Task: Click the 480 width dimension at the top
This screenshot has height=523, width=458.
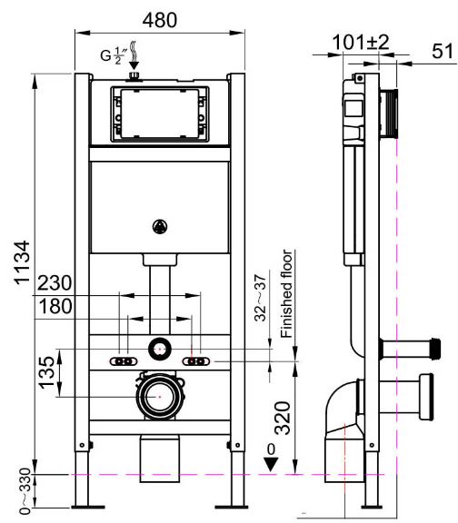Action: (160, 20)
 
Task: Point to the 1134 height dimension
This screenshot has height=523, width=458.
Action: (22, 262)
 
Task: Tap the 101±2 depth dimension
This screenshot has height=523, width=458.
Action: (361, 43)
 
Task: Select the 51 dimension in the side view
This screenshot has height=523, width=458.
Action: (443, 52)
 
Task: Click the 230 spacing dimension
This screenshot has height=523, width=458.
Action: (55, 283)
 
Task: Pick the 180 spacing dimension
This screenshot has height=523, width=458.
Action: (55, 306)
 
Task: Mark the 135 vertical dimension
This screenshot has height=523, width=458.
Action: (46, 372)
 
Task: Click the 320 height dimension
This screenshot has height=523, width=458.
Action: (283, 418)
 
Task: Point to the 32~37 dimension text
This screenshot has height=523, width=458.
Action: (261, 298)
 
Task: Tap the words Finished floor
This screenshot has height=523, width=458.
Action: (286, 294)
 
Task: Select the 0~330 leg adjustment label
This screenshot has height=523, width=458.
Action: (25, 491)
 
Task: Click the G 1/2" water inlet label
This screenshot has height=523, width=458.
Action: (114, 55)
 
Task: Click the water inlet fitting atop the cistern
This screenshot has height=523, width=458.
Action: (134, 76)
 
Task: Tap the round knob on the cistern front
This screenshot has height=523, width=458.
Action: (160, 227)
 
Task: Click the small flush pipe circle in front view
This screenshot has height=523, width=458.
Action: (160, 349)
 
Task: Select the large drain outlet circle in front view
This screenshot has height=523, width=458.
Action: (160, 397)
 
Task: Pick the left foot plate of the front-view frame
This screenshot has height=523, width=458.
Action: (84, 507)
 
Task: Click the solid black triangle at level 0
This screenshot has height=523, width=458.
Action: (271, 465)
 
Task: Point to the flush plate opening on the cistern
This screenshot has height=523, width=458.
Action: (160, 113)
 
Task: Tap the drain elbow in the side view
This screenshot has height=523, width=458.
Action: (343, 409)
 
